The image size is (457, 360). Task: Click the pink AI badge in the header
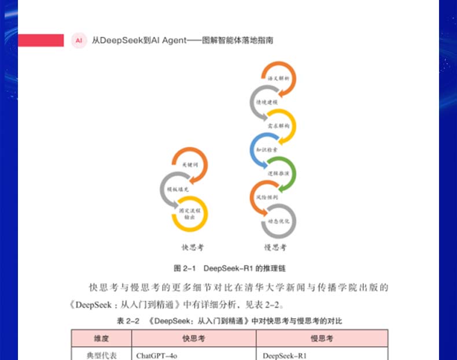(x=79, y=40)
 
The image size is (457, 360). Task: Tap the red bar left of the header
(x=40, y=40)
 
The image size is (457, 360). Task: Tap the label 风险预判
(x=267, y=197)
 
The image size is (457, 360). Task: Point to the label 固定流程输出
(x=190, y=214)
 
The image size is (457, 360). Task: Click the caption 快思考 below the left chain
(x=193, y=248)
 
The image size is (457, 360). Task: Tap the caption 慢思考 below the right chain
(x=275, y=248)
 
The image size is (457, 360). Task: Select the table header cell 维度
(x=101, y=339)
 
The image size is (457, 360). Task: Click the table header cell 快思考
(x=194, y=339)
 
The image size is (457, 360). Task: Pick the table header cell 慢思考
(x=322, y=339)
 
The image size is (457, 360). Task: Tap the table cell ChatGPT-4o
(x=157, y=355)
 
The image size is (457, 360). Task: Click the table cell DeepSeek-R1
(x=285, y=355)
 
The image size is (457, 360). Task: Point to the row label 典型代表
(x=101, y=355)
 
